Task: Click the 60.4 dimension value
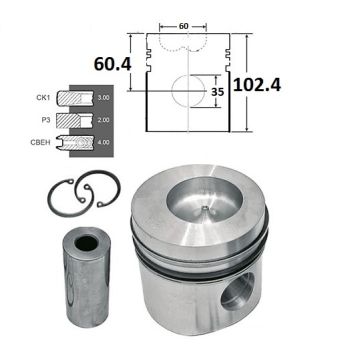[x=112, y=64]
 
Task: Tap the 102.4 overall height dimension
[x=257, y=84]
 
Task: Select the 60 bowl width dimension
[x=183, y=26]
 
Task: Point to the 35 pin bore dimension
[x=217, y=92]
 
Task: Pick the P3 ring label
[x=46, y=120]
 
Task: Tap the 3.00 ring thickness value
[x=103, y=98]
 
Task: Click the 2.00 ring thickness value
[x=103, y=120]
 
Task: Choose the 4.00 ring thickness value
[x=103, y=142]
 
